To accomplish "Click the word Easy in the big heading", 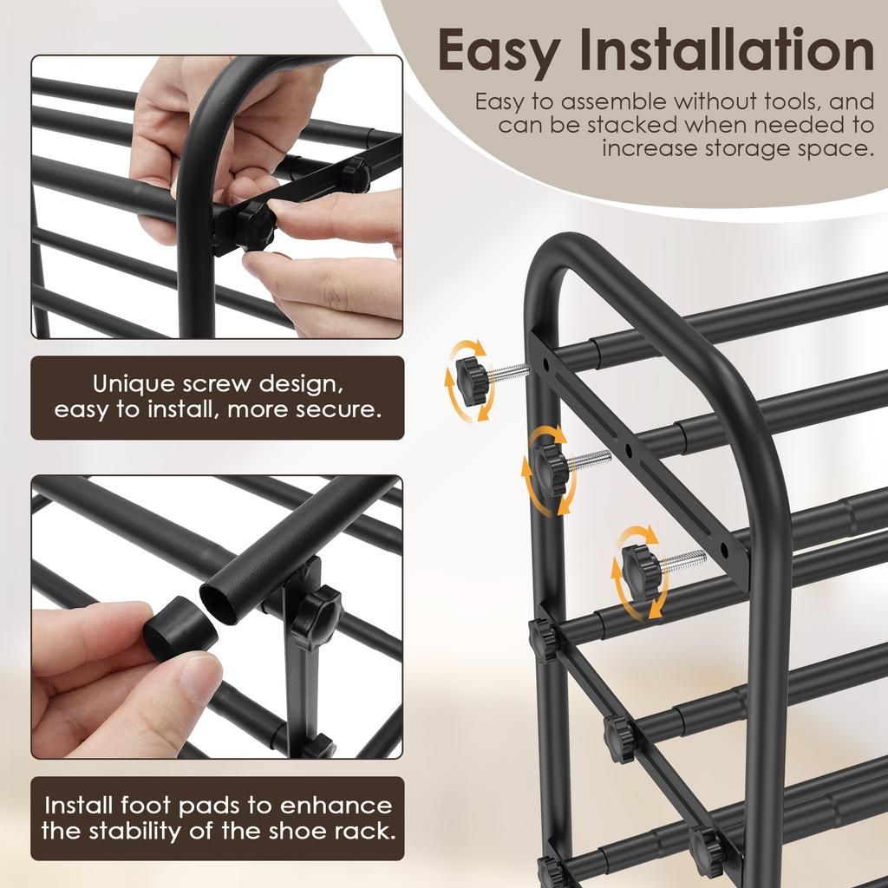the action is pyautogui.click(x=499, y=52).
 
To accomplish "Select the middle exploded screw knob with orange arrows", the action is pyautogui.click(x=548, y=469).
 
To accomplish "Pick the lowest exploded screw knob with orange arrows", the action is pyautogui.click(x=640, y=570).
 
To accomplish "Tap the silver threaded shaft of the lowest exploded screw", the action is pyautogui.click(x=683, y=561).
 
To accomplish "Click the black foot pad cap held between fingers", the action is pyautogui.click(x=180, y=629).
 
